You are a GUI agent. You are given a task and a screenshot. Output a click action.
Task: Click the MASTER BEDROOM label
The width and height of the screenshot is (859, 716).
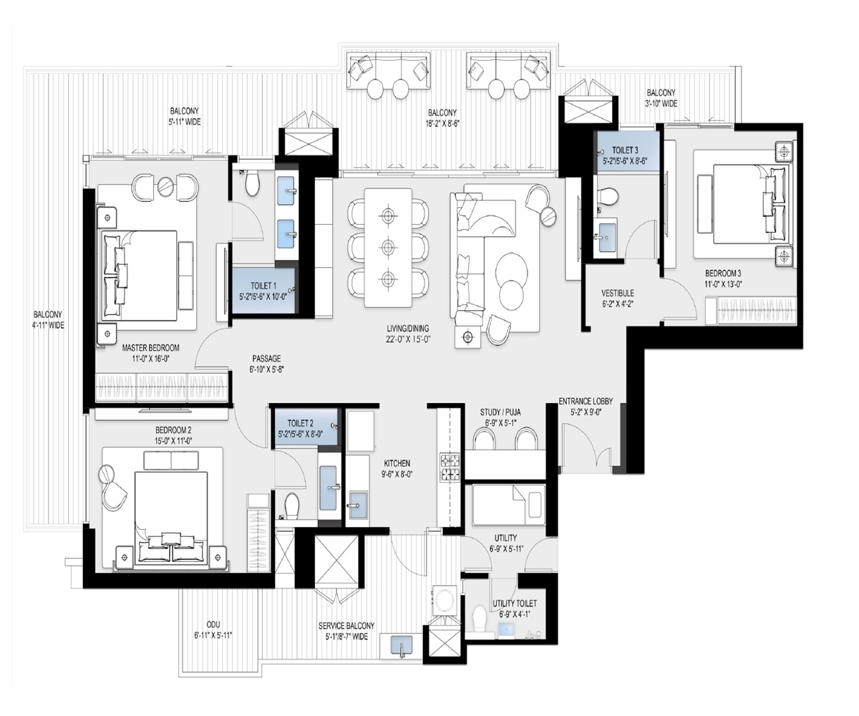(x=150, y=348)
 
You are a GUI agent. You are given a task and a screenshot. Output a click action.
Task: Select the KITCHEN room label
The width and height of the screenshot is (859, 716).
(x=397, y=464)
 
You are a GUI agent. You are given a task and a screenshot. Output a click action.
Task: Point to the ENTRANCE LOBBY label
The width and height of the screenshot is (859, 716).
(x=585, y=402)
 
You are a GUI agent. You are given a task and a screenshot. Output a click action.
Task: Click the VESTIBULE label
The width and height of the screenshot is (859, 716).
(x=617, y=293)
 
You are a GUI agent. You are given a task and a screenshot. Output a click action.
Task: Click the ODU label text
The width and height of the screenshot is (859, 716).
(x=213, y=624)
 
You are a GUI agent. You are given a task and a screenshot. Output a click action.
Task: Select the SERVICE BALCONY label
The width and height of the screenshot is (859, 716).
(x=346, y=625)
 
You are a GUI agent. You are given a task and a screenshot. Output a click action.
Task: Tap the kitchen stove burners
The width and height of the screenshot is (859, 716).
(x=452, y=466)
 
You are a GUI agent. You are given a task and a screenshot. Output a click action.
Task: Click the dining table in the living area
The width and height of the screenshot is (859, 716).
(x=388, y=247)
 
